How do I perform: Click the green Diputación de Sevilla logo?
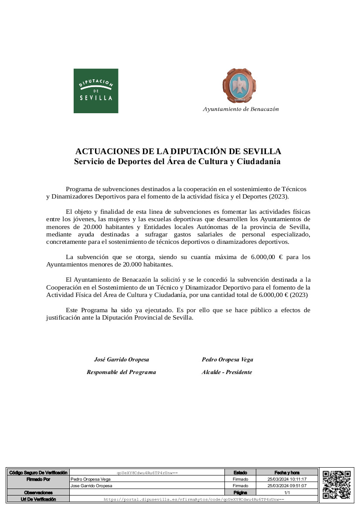[x=96, y=91]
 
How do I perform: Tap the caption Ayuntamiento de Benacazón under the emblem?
[x=241, y=109]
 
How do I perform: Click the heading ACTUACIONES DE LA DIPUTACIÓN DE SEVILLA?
[x=178, y=152]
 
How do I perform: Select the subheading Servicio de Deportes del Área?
[x=177, y=162]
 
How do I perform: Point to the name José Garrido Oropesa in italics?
[x=122, y=360]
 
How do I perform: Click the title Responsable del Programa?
[x=121, y=372]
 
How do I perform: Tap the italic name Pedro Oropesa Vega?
[x=227, y=360]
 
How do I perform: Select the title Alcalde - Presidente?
[x=227, y=372]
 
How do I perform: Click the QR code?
[x=336, y=485]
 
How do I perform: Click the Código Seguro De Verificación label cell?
[x=38, y=472]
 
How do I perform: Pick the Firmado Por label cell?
[x=38, y=479]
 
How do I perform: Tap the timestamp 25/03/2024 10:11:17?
[x=287, y=479]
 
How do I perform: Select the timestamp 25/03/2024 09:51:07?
[x=287, y=486]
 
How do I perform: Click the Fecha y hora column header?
[x=287, y=472]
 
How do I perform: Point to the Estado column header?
[x=240, y=472]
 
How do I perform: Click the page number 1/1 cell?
[x=287, y=492]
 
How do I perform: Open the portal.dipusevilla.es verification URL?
[x=194, y=499]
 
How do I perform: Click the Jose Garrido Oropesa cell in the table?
[x=92, y=486]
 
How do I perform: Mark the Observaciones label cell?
[x=38, y=492]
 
